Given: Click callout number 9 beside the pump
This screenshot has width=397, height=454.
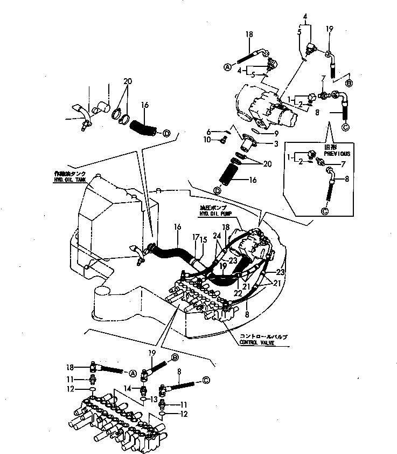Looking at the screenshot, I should click(x=276, y=133).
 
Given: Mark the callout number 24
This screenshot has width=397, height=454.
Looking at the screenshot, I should click(x=218, y=235).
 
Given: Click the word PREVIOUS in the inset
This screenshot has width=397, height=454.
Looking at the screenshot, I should click(x=337, y=154).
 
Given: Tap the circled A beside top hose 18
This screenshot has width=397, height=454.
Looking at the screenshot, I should click(x=227, y=67).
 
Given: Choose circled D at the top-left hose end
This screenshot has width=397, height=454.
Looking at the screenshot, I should click(x=166, y=133).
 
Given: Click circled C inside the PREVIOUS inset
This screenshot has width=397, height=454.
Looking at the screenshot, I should click(x=325, y=211).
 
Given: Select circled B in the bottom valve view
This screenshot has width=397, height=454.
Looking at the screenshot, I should click(x=175, y=356).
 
